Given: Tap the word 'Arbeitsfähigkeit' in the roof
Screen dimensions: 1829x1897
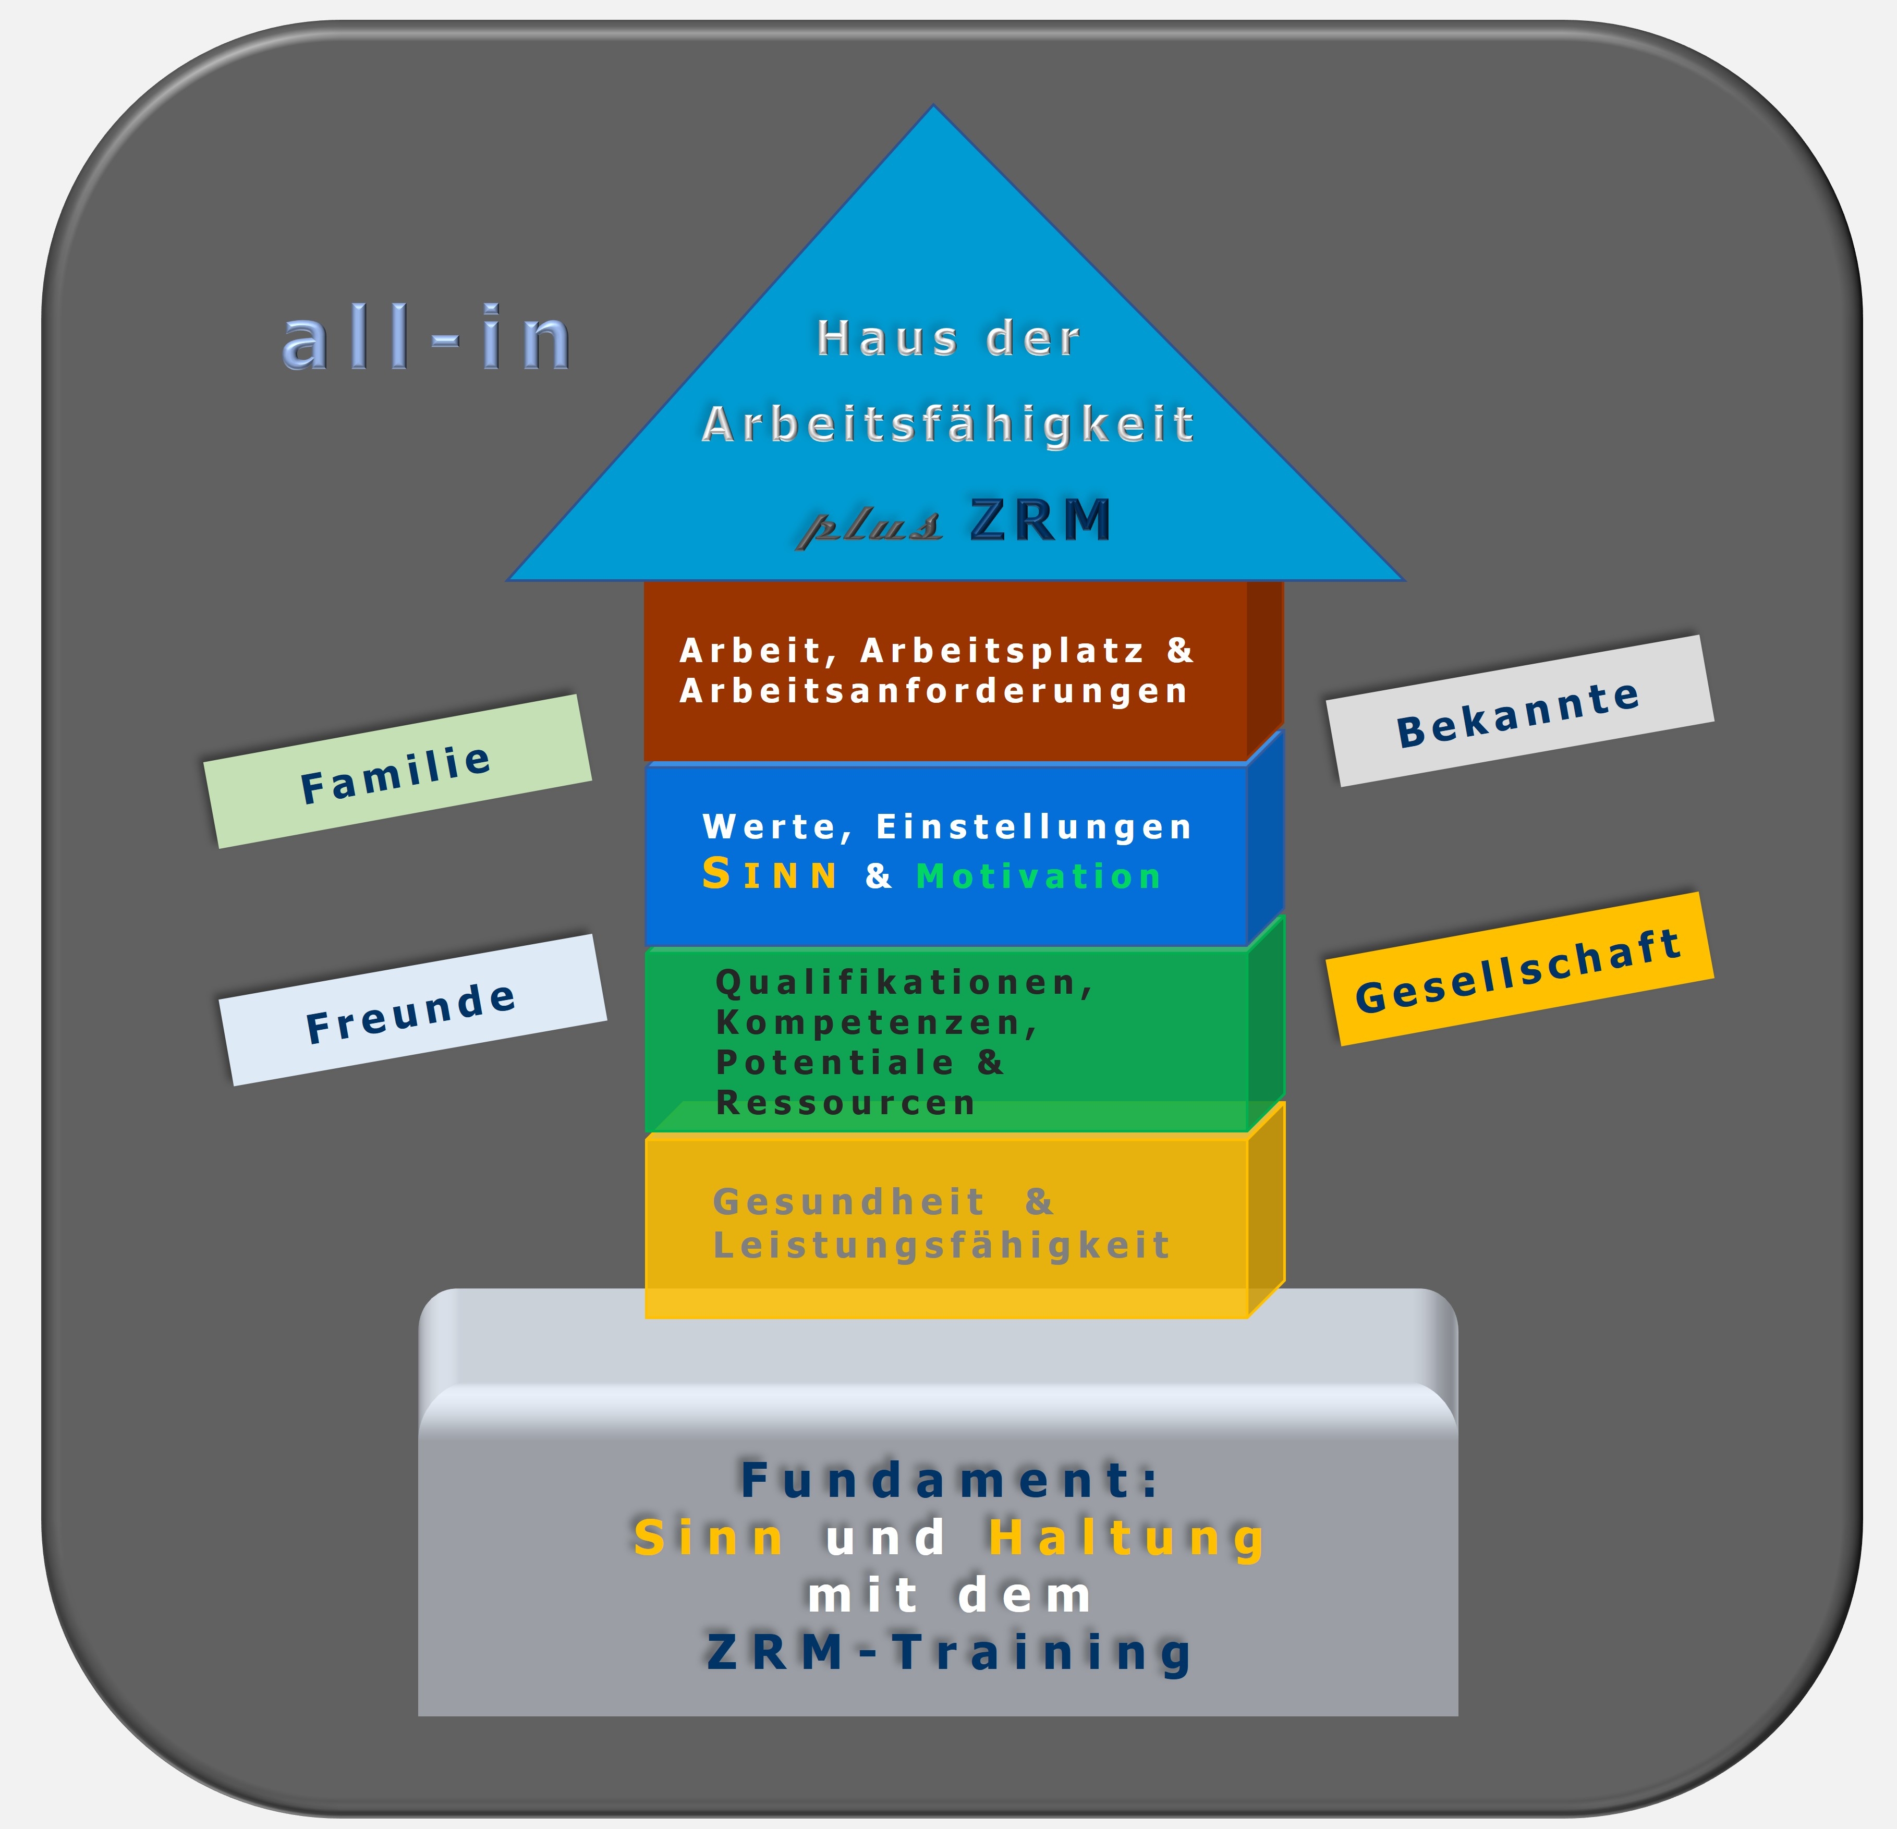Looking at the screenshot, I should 948,424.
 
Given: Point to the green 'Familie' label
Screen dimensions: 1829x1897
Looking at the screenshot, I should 397,771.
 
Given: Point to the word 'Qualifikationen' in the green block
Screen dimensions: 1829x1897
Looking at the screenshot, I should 903,982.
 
